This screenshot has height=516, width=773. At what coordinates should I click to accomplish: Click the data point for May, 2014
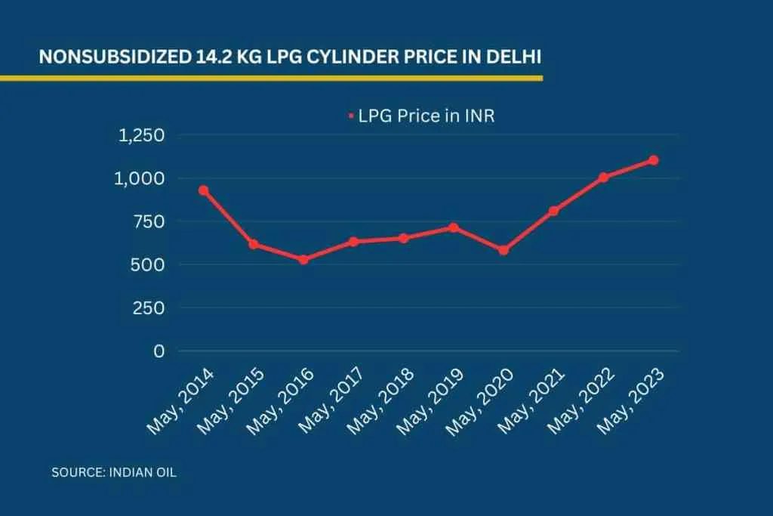pyautogui.click(x=203, y=190)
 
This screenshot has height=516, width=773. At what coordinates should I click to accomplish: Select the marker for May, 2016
pyautogui.click(x=303, y=259)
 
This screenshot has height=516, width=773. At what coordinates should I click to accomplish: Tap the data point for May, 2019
pyautogui.click(x=453, y=227)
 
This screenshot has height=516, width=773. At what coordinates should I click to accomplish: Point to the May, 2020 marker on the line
pyautogui.click(x=504, y=250)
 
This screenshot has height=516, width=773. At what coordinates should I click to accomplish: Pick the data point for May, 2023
pyautogui.click(x=654, y=160)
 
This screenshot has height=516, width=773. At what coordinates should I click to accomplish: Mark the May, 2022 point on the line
pyautogui.click(x=604, y=178)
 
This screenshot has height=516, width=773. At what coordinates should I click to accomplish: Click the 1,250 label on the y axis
pyautogui.click(x=141, y=135)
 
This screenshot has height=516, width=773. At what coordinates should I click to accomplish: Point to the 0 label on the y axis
pyautogui.click(x=159, y=351)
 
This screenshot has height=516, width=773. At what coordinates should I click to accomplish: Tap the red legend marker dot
pyautogui.click(x=351, y=116)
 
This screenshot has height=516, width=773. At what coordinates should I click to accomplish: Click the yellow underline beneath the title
pyautogui.click(x=272, y=77)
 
